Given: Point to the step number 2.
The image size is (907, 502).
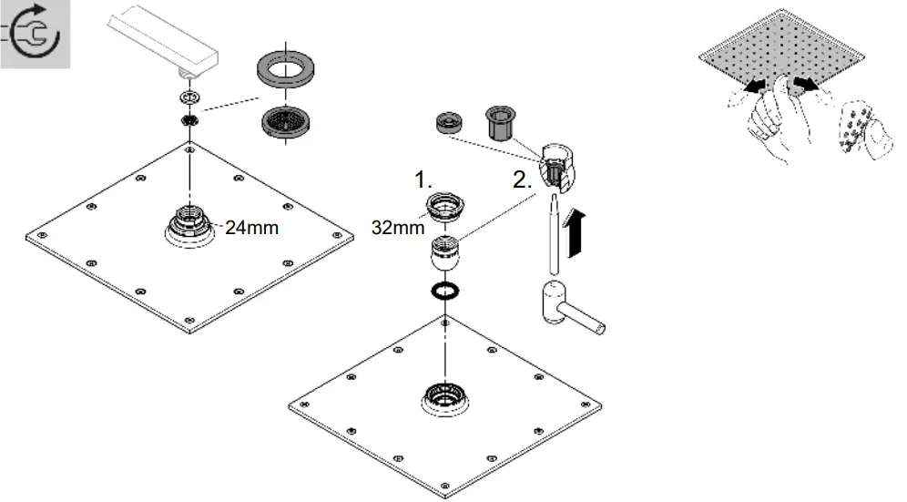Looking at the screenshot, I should pyautogui.click(x=523, y=179).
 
